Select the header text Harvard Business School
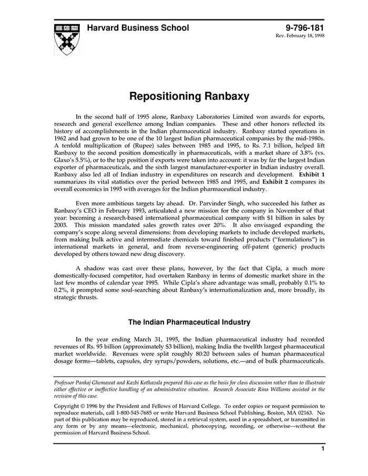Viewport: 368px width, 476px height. [x=138, y=28]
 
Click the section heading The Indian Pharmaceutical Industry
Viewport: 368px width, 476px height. [x=189, y=322]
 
